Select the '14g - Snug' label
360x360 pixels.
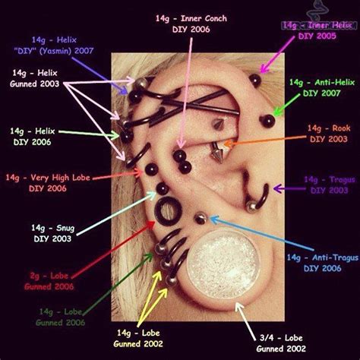coord(49,232)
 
